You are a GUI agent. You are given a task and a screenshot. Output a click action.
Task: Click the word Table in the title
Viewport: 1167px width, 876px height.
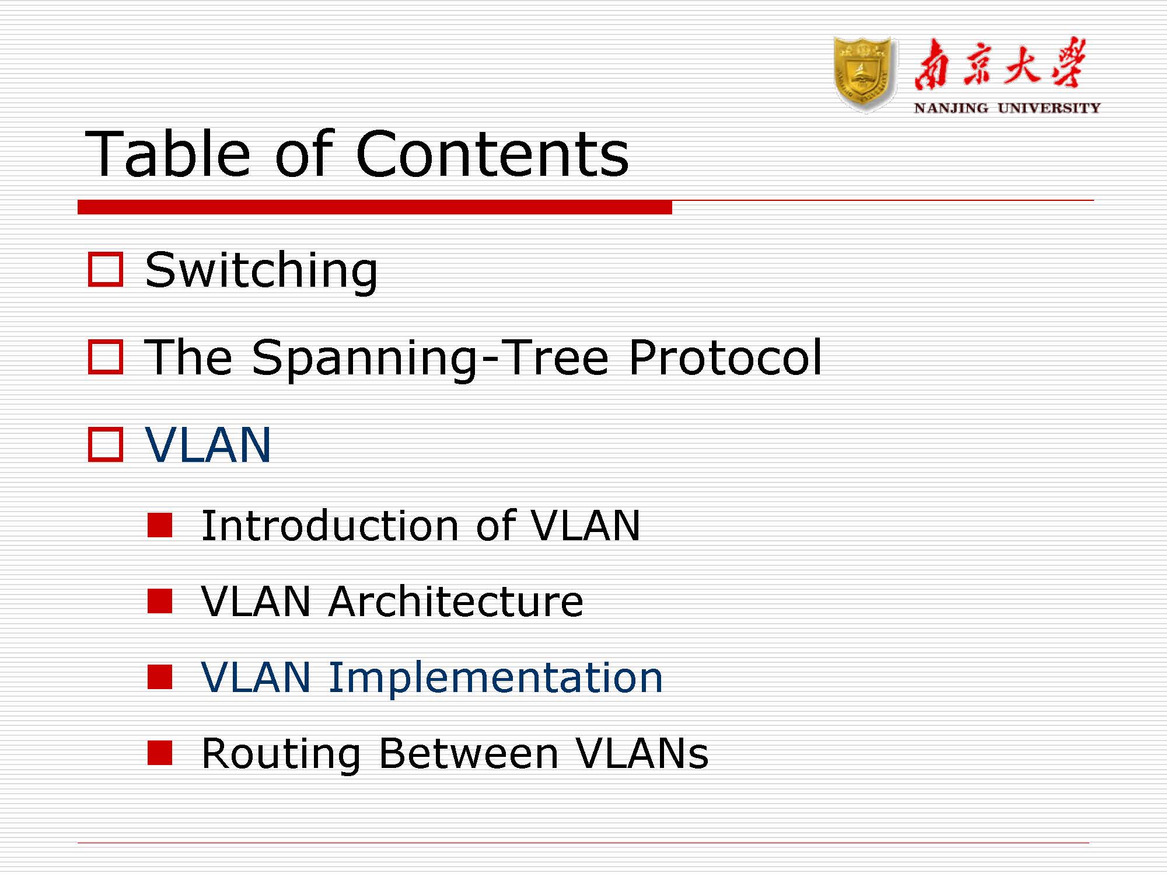coord(167,154)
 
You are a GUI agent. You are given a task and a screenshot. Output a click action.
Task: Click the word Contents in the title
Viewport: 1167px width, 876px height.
coord(492,154)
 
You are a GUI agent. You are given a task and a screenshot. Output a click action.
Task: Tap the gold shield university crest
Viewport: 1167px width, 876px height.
coord(864,74)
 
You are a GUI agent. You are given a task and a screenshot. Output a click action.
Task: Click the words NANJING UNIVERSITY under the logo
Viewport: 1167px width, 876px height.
coord(1007,108)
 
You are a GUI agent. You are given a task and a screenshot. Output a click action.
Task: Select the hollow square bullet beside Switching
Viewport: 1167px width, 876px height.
coord(106,269)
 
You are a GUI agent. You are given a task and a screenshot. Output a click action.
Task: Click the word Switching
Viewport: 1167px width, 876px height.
coord(261,270)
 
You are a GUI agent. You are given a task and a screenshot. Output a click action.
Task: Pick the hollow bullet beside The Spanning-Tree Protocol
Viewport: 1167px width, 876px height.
coord(106,356)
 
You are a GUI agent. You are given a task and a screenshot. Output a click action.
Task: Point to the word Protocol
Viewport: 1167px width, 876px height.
coord(725,357)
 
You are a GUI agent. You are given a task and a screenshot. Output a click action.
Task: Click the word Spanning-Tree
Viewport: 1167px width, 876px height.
coord(430,357)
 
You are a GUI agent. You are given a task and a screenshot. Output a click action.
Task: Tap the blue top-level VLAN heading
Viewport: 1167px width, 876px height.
coord(208,445)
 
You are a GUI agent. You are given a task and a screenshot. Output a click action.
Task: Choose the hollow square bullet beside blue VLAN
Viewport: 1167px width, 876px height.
coord(106,444)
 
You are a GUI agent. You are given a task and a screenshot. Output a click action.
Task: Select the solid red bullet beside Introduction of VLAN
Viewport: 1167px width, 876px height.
coord(160,525)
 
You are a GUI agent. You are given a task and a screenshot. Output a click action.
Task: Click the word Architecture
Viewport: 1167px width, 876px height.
coord(456,602)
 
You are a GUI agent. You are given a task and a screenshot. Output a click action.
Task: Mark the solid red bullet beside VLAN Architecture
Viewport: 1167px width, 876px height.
coord(160,601)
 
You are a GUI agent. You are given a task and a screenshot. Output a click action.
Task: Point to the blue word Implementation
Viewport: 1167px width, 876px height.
coord(495,677)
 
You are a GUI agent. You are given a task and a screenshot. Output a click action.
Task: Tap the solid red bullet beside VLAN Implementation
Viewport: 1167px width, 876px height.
coord(160,677)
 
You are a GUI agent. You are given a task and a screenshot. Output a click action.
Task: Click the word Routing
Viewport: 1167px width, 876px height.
coord(281,753)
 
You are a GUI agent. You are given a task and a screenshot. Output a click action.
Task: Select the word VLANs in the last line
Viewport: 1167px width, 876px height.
coord(642,753)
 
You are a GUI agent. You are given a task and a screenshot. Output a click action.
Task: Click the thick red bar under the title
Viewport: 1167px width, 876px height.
coord(375,207)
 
